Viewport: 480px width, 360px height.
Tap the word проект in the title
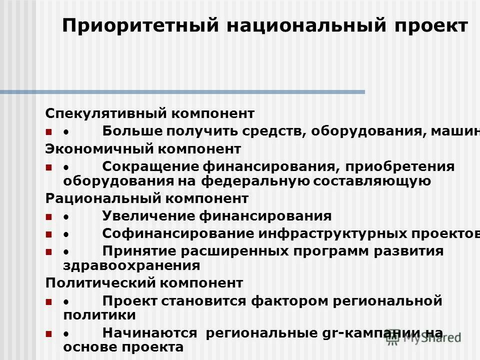(x=429, y=26)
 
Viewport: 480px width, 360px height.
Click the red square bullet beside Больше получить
(x=48, y=132)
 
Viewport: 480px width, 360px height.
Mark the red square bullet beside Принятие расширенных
(x=48, y=251)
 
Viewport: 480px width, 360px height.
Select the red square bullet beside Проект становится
(x=48, y=301)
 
